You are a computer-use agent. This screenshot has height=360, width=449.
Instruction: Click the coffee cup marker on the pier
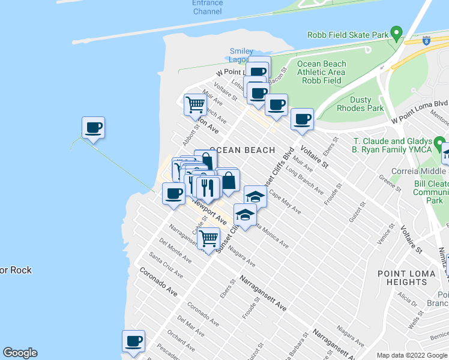(x=93, y=128)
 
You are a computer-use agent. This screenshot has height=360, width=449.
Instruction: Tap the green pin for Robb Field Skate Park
(x=396, y=32)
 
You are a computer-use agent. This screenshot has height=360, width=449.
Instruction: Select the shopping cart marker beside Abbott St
(x=195, y=104)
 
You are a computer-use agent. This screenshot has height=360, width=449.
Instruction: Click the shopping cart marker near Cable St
(x=208, y=238)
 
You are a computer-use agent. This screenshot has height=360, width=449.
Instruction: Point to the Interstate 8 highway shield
(x=426, y=41)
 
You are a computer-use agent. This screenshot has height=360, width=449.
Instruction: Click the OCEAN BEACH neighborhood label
(x=242, y=150)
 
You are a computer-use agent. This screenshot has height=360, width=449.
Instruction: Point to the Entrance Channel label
(x=207, y=7)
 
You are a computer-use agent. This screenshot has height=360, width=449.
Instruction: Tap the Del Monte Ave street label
(x=175, y=251)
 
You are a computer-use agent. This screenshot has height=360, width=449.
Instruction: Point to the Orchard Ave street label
(x=179, y=340)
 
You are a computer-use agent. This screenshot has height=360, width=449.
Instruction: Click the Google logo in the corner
(x=20, y=353)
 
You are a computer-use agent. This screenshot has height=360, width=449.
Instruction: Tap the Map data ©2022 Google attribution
(x=412, y=355)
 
